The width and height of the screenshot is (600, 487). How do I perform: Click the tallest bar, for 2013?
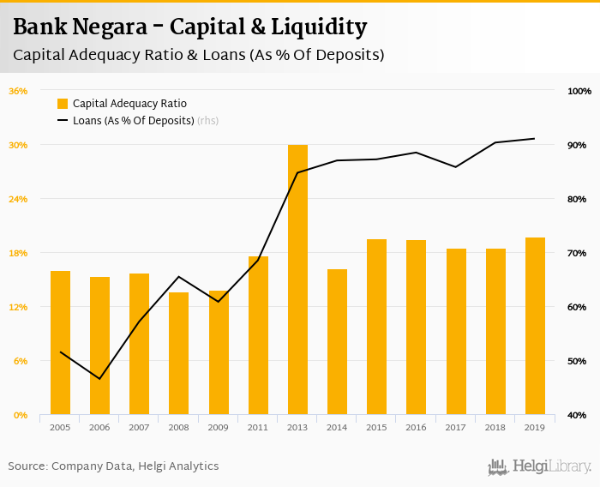click(297, 280)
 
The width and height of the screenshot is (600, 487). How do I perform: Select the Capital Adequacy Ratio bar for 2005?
click(60, 343)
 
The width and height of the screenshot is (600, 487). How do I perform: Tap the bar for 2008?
click(178, 353)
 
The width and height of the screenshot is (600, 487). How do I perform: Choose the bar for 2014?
click(337, 342)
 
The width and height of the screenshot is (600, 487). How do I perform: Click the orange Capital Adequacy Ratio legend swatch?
click(63, 104)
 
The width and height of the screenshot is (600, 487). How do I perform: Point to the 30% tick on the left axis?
click(18, 145)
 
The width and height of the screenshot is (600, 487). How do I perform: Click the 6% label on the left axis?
click(20, 361)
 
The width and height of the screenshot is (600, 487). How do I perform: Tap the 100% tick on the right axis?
click(579, 91)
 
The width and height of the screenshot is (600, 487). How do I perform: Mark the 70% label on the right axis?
click(577, 253)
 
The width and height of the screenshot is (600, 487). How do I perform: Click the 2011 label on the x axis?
click(258, 427)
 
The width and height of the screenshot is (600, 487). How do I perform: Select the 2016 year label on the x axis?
click(417, 427)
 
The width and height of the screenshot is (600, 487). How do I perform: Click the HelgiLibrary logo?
click(540, 466)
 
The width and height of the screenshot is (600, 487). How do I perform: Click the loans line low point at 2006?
click(99, 379)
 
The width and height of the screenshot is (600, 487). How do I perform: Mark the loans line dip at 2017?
click(456, 166)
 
